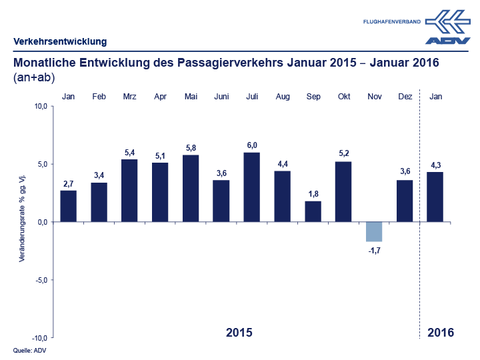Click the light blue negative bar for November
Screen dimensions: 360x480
coord(374,231)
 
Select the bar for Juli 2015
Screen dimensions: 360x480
coord(252,187)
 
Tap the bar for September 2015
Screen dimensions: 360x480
coord(313,211)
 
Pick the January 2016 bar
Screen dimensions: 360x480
coord(435,197)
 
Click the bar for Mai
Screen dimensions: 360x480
coord(191,188)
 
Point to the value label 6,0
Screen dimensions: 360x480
coord(252,146)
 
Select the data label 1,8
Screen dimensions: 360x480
coord(313,194)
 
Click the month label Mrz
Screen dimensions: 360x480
coord(130,97)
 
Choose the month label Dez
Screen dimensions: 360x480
coord(405,97)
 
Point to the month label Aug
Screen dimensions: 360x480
coord(283,97)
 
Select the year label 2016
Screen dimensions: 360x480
coord(441,332)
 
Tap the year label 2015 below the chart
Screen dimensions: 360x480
coord(239,332)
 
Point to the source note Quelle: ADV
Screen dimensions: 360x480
coord(29,350)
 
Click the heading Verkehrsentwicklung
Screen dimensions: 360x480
coord(60,41)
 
